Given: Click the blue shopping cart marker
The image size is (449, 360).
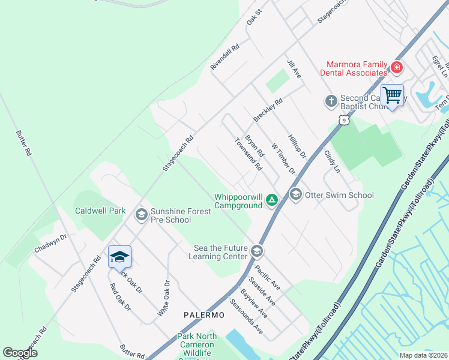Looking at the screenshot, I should pos(392,95).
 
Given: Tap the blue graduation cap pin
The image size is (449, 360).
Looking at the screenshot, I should pos(119,257).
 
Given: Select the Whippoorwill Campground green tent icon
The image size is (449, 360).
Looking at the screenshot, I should pos(272,200).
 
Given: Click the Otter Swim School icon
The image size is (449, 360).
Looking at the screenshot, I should pos(295,194).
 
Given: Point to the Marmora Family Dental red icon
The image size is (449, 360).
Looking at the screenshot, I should pos(396,68).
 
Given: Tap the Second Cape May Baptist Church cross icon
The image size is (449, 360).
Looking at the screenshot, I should pos(331,101).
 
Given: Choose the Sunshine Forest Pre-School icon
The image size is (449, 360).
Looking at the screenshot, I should pos(142,215).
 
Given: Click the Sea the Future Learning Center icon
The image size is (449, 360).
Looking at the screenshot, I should pos(257,250).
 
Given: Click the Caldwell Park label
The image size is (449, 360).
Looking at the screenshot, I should pos(100,211).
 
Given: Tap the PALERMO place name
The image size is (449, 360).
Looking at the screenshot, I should pos(204,315).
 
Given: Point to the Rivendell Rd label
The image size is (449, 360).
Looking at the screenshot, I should pos(225,57).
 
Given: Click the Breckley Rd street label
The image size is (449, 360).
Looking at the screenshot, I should pos(268,111).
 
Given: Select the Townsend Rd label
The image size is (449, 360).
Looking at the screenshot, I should pos(249,154).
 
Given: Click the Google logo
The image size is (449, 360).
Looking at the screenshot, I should pos(20,353).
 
